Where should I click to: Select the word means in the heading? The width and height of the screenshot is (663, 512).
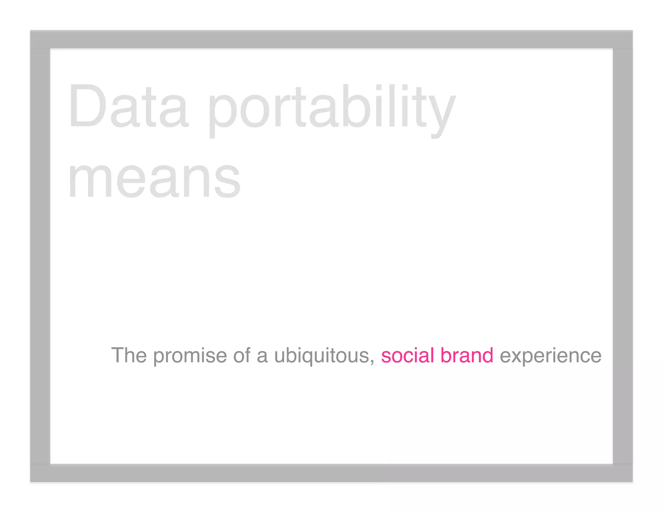click(x=154, y=180)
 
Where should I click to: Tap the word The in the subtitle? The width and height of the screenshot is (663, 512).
click(x=129, y=355)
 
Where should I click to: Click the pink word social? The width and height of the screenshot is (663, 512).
click(x=407, y=355)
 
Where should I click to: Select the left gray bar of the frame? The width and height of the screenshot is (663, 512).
click(x=40, y=256)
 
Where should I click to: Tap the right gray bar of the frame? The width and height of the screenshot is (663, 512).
click(x=623, y=256)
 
